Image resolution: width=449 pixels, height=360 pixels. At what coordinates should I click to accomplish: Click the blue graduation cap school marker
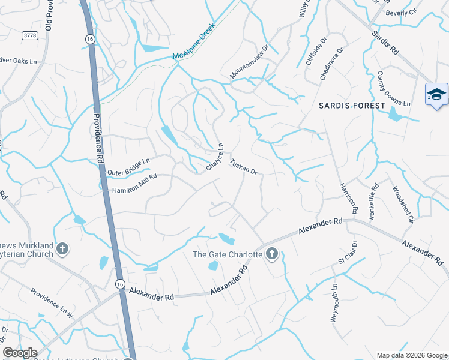pos(436,94)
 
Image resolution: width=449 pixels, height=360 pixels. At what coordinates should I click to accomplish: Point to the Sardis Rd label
pos(385,43)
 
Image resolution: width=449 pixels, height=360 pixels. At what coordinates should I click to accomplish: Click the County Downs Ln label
pos(393,89)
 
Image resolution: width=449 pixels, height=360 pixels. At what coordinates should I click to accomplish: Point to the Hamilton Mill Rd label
pos(134,183)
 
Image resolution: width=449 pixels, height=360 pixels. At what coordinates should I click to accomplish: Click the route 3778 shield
pos(29,36)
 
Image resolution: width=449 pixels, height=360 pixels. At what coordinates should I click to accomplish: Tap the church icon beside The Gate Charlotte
pos(271,254)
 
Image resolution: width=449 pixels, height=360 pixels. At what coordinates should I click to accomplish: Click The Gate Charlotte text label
pos(227,254)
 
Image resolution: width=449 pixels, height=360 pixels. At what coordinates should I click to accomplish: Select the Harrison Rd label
pos(348,199)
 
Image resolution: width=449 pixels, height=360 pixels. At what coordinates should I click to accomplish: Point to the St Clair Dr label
pos(348,253)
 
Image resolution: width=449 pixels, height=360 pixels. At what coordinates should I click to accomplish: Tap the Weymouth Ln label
pos(334,303)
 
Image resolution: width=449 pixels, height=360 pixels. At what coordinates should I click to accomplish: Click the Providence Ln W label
pos(52,302)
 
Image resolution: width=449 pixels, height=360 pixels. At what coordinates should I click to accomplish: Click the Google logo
pos(20,353)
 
